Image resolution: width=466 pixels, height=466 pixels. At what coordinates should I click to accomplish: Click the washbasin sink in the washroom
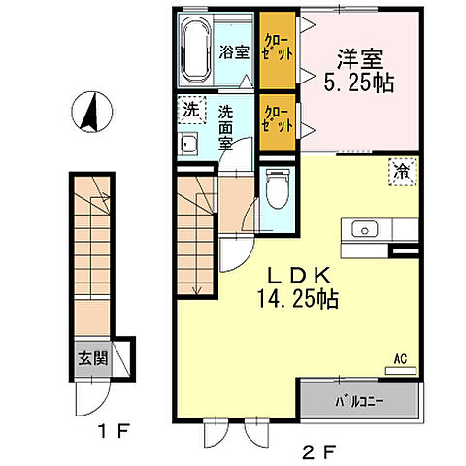pos(190,146)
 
